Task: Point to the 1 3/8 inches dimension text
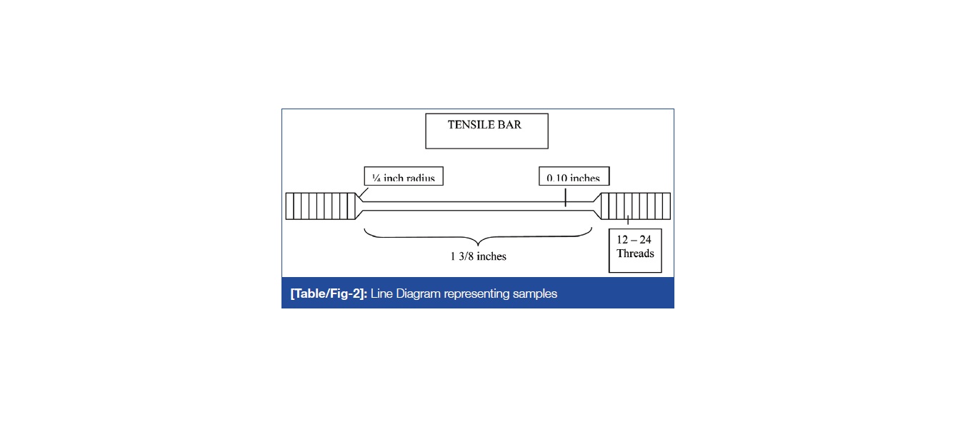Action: pos(478,256)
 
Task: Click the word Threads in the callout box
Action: pos(635,253)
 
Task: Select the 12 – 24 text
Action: pos(634,240)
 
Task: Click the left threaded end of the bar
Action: pos(320,206)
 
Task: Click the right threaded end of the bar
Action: pos(635,206)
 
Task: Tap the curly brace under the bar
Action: pos(478,236)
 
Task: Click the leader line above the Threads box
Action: pos(628,221)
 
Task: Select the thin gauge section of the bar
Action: pos(471,206)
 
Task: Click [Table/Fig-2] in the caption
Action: pos(329,293)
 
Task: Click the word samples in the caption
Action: pos(535,293)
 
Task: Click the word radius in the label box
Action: pos(420,178)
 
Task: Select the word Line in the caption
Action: pos(381,293)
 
